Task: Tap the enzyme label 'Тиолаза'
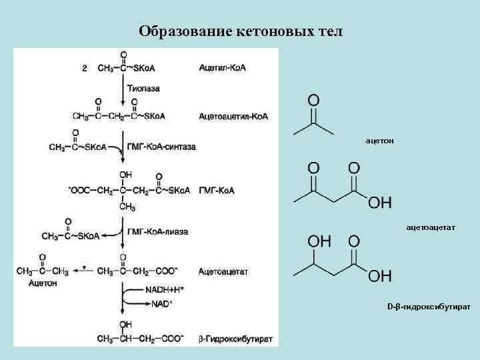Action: click(x=144, y=88)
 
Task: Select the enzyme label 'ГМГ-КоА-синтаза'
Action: click(x=161, y=147)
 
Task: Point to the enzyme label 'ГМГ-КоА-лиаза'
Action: click(x=157, y=231)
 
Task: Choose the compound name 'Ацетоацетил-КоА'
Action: click(x=233, y=116)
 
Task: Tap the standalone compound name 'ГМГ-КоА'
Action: click(x=215, y=191)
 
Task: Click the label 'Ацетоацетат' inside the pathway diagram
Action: click(x=223, y=271)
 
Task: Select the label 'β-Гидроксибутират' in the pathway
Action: click(x=235, y=339)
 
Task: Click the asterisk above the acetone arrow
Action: click(x=84, y=268)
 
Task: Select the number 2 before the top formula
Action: click(x=84, y=67)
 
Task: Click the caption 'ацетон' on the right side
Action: click(x=379, y=141)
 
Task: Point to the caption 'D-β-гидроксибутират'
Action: click(x=429, y=307)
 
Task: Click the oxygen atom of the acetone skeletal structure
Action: click(x=313, y=101)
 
